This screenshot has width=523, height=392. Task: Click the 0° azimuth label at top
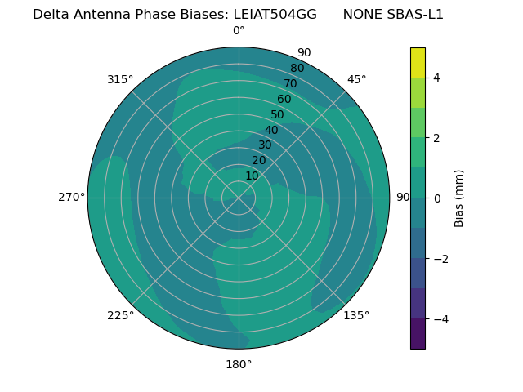(239, 31)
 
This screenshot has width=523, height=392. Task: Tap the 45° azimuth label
(356, 79)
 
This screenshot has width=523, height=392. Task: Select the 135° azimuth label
(356, 315)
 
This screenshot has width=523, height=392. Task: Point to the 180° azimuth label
(239, 364)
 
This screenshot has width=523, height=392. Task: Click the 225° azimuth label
(120, 315)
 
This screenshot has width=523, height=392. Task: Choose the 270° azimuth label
(71, 198)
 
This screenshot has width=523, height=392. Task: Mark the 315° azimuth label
(120, 79)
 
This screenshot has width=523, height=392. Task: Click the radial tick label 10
(252, 176)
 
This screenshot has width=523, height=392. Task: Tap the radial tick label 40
(271, 130)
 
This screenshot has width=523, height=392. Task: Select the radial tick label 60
(284, 99)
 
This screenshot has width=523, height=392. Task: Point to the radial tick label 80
(297, 69)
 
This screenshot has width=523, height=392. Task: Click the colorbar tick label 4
(436, 78)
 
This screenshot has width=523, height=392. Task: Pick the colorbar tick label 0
(436, 198)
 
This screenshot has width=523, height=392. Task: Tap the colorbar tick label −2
(439, 259)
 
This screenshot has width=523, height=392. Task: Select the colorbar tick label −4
(439, 319)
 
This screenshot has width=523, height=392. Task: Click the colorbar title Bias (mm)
(459, 198)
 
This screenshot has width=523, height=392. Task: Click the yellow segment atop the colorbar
(418, 62)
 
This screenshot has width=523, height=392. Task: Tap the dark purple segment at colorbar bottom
(418, 334)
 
